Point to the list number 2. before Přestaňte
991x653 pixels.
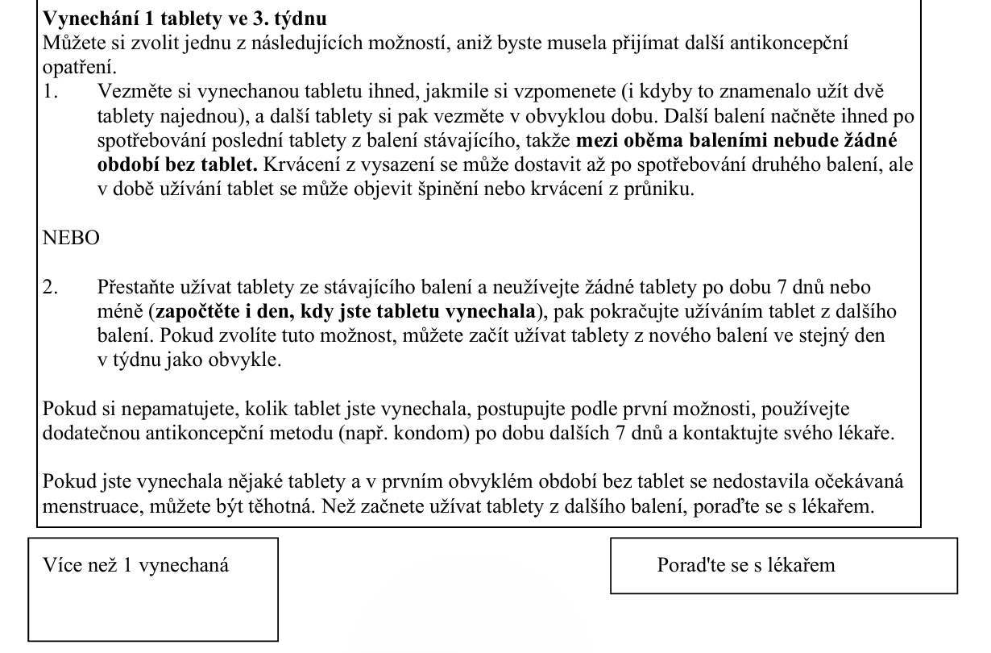51,288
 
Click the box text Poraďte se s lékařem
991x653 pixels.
746,564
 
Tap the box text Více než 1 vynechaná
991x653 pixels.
135,564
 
